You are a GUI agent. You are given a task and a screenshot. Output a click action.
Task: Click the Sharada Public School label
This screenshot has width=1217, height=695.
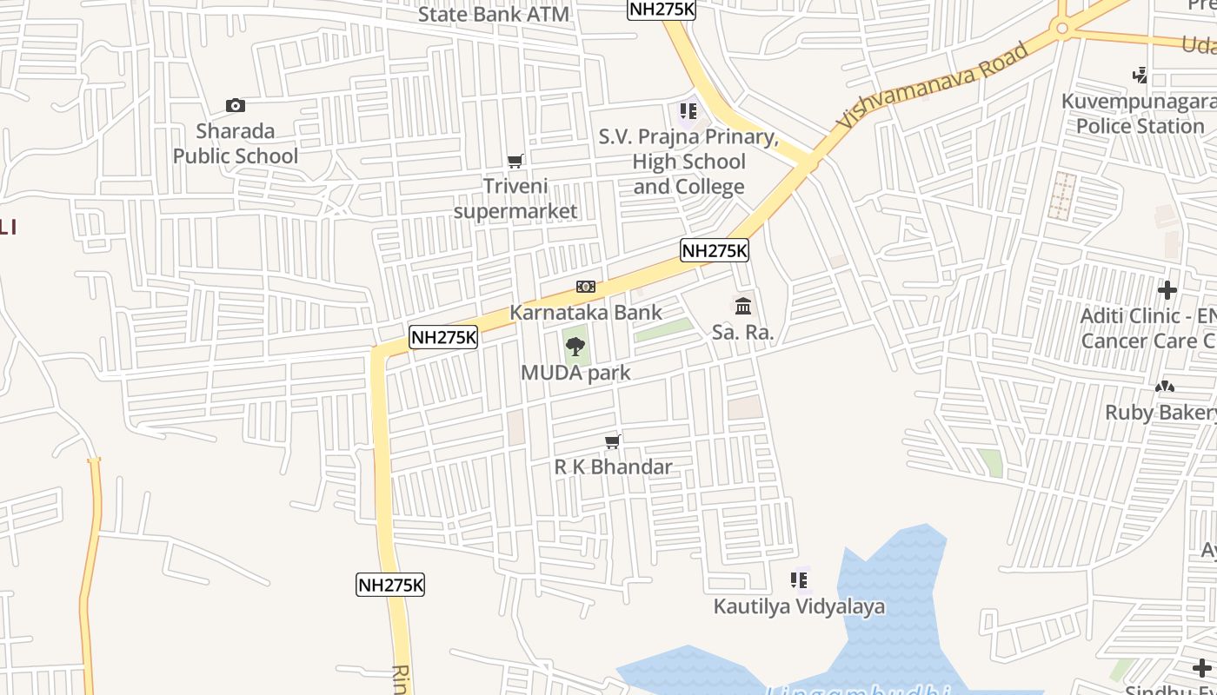(235, 144)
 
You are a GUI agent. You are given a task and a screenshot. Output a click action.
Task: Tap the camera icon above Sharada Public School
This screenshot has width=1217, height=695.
(235, 106)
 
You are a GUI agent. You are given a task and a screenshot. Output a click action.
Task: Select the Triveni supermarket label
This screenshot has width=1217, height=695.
(515, 199)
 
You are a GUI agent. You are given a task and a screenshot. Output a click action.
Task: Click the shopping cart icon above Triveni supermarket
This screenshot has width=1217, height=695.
(515, 161)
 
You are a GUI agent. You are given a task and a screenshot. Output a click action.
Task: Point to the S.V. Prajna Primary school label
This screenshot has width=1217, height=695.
(688, 162)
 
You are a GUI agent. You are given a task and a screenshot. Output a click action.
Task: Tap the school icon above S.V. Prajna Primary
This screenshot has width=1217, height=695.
(688, 111)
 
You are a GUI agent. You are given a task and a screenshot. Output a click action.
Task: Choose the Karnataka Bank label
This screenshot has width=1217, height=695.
(585, 312)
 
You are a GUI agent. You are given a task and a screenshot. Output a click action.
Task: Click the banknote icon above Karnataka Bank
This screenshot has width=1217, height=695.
(585, 287)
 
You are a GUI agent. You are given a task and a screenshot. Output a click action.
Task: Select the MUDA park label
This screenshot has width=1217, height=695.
(575, 373)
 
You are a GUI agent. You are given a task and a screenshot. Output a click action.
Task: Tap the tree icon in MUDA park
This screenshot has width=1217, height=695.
(575, 347)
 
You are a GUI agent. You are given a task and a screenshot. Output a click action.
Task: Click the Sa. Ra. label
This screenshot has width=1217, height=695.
(743, 332)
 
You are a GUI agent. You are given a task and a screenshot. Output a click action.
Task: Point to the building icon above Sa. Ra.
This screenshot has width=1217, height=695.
(743, 306)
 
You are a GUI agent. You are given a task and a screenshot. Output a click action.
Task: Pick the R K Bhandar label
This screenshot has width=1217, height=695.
(613, 467)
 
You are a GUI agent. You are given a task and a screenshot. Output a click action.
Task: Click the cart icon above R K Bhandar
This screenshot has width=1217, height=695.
(613, 442)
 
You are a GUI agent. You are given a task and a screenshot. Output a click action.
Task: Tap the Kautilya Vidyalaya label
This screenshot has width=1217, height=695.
(799, 606)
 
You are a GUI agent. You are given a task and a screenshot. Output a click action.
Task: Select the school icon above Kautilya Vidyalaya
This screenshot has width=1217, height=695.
(799, 579)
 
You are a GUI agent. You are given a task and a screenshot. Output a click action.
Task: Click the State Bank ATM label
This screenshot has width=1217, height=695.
(494, 14)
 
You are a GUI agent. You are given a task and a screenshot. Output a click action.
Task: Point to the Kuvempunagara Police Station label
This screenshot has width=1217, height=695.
(1139, 114)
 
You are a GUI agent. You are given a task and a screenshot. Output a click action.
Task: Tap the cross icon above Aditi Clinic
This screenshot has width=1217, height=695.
(1167, 290)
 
